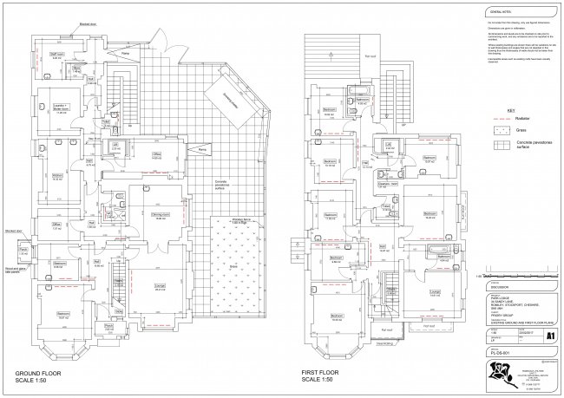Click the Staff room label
tap(55, 54)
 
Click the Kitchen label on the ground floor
tap(57, 176)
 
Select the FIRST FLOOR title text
tap(325, 374)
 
